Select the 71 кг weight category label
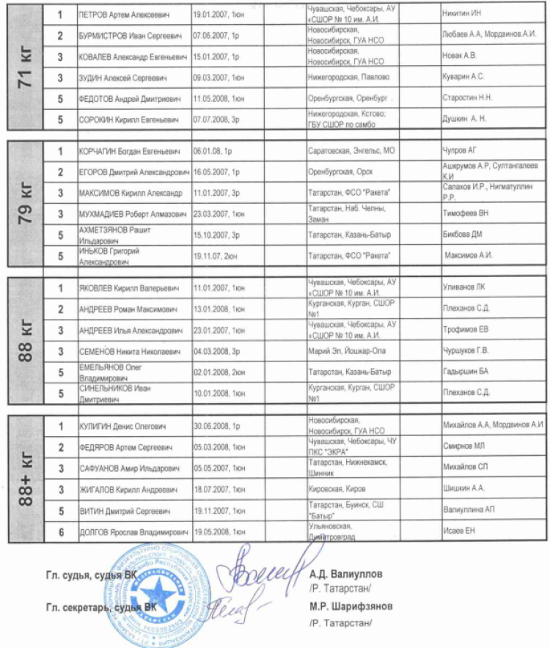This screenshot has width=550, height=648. (28, 67)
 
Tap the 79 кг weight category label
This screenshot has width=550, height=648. (28, 203)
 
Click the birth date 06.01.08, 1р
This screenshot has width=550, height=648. (213, 151)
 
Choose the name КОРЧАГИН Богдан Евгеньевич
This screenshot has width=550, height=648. (129, 151)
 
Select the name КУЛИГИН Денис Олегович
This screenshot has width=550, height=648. (122, 426)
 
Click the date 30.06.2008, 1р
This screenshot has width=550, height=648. (218, 426)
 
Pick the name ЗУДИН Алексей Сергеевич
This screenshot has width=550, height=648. (122, 77)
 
